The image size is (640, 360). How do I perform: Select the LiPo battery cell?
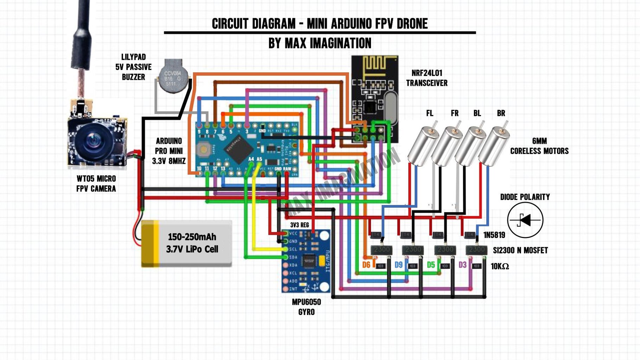point(187,243)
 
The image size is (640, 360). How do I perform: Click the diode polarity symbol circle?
point(525,220)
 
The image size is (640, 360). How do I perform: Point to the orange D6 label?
point(366,265)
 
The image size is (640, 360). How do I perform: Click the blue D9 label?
point(398,265)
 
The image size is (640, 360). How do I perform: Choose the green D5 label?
point(431,265)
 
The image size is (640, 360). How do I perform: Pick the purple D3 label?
point(462,265)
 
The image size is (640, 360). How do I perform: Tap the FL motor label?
point(430,113)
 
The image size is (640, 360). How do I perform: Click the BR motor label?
point(501,113)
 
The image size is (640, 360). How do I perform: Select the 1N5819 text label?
point(494,235)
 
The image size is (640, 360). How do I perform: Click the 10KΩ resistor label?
point(500,266)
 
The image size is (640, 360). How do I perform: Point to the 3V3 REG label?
point(300,225)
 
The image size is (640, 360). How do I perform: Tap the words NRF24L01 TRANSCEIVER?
point(427,78)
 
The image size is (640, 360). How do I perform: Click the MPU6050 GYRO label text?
point(306,307)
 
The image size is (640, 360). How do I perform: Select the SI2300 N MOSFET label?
point(520,250)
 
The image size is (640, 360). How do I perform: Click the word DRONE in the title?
point(412,24)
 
